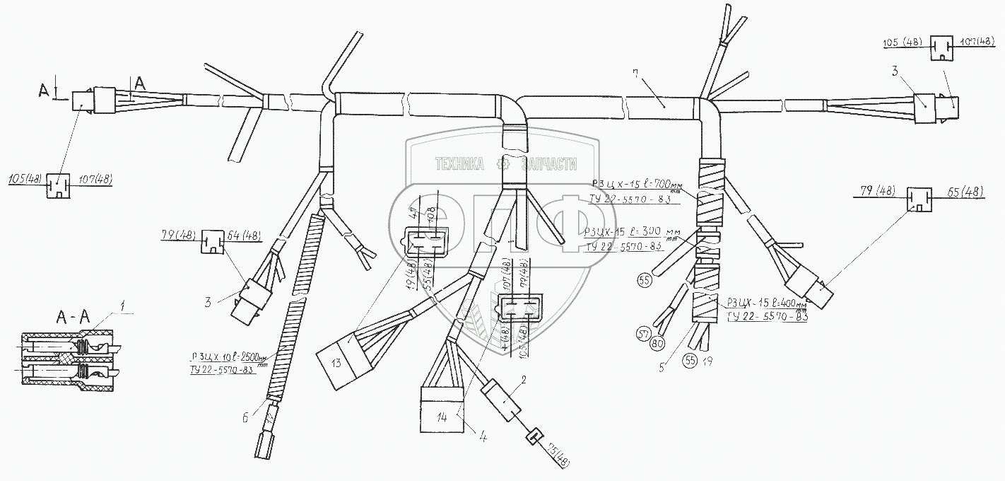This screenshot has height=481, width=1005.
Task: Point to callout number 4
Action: point(483,437)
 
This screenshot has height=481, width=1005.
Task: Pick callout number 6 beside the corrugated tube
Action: point(245,418)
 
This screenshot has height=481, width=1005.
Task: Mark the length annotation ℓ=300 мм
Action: point(643,231)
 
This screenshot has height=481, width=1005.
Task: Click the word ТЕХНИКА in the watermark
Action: point(459,164)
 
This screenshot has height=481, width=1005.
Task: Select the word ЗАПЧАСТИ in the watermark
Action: point(549,164)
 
